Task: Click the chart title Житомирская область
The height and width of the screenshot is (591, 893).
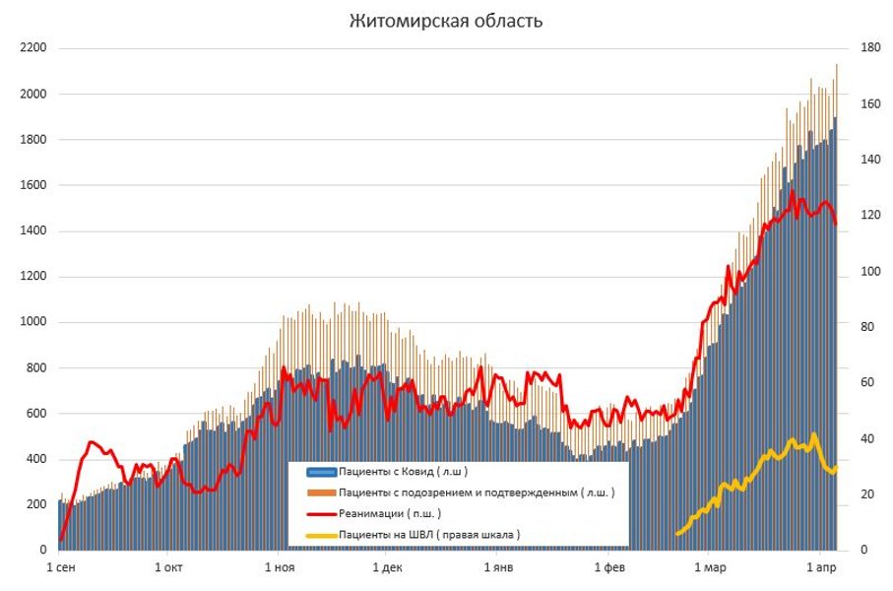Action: click(x=446, y=21)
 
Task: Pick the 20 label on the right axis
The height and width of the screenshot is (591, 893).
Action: click(x=866, y=494)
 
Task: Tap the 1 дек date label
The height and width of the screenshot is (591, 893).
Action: click(x=388, y=568)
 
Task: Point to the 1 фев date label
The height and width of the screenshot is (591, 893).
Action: click(x=610, y=568)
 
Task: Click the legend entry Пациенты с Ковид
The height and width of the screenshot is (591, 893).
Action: click(x=394, y=472)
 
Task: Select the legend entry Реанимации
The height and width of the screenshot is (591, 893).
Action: click(x=390, y=513)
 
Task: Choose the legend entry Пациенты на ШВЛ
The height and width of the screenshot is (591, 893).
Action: click(x=428, y=534)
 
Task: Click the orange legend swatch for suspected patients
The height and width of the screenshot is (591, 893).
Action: click(x=321, y=492)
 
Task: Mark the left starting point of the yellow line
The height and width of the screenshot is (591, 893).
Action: click(x=676, y=533)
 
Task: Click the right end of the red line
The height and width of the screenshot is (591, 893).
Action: click(x=836, y=225)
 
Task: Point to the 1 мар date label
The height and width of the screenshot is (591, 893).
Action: click(x=711, y=568)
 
